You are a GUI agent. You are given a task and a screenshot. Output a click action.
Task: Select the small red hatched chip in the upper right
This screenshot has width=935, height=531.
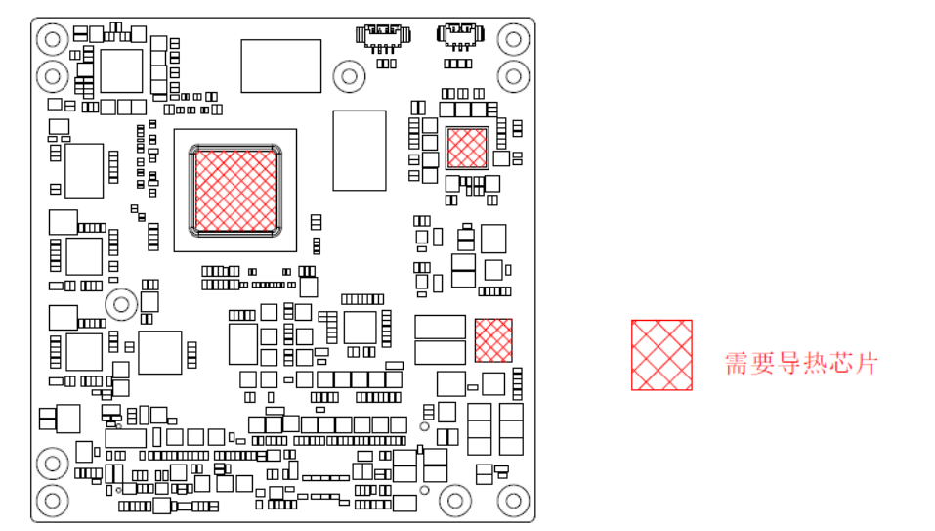point(466,148)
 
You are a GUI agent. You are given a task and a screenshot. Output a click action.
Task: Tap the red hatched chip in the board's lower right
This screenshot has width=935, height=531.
point(493,339)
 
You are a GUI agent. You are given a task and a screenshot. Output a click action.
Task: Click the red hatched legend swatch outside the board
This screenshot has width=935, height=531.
point(661,354)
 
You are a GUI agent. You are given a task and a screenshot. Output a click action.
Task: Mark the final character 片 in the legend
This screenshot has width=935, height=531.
point(866,364)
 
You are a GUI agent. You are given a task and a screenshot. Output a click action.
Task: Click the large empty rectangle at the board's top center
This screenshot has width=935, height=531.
point(281,66)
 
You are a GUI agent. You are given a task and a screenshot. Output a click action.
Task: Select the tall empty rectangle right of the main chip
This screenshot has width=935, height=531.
point(360,150)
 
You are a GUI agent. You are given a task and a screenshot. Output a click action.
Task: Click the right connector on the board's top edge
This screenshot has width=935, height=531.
point(460,36)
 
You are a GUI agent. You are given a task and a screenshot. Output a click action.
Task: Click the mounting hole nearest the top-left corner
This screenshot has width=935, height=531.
point(52,39)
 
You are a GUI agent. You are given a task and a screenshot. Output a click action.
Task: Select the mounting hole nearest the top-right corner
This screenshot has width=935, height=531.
point(513,39)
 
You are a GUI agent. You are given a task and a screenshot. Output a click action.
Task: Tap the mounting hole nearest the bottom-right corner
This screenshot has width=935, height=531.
point(513,502)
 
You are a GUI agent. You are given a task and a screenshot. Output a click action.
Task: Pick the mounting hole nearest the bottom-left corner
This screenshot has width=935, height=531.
point(52,502)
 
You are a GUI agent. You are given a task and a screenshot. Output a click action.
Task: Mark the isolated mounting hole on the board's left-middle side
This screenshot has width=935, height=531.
point(121,304)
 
